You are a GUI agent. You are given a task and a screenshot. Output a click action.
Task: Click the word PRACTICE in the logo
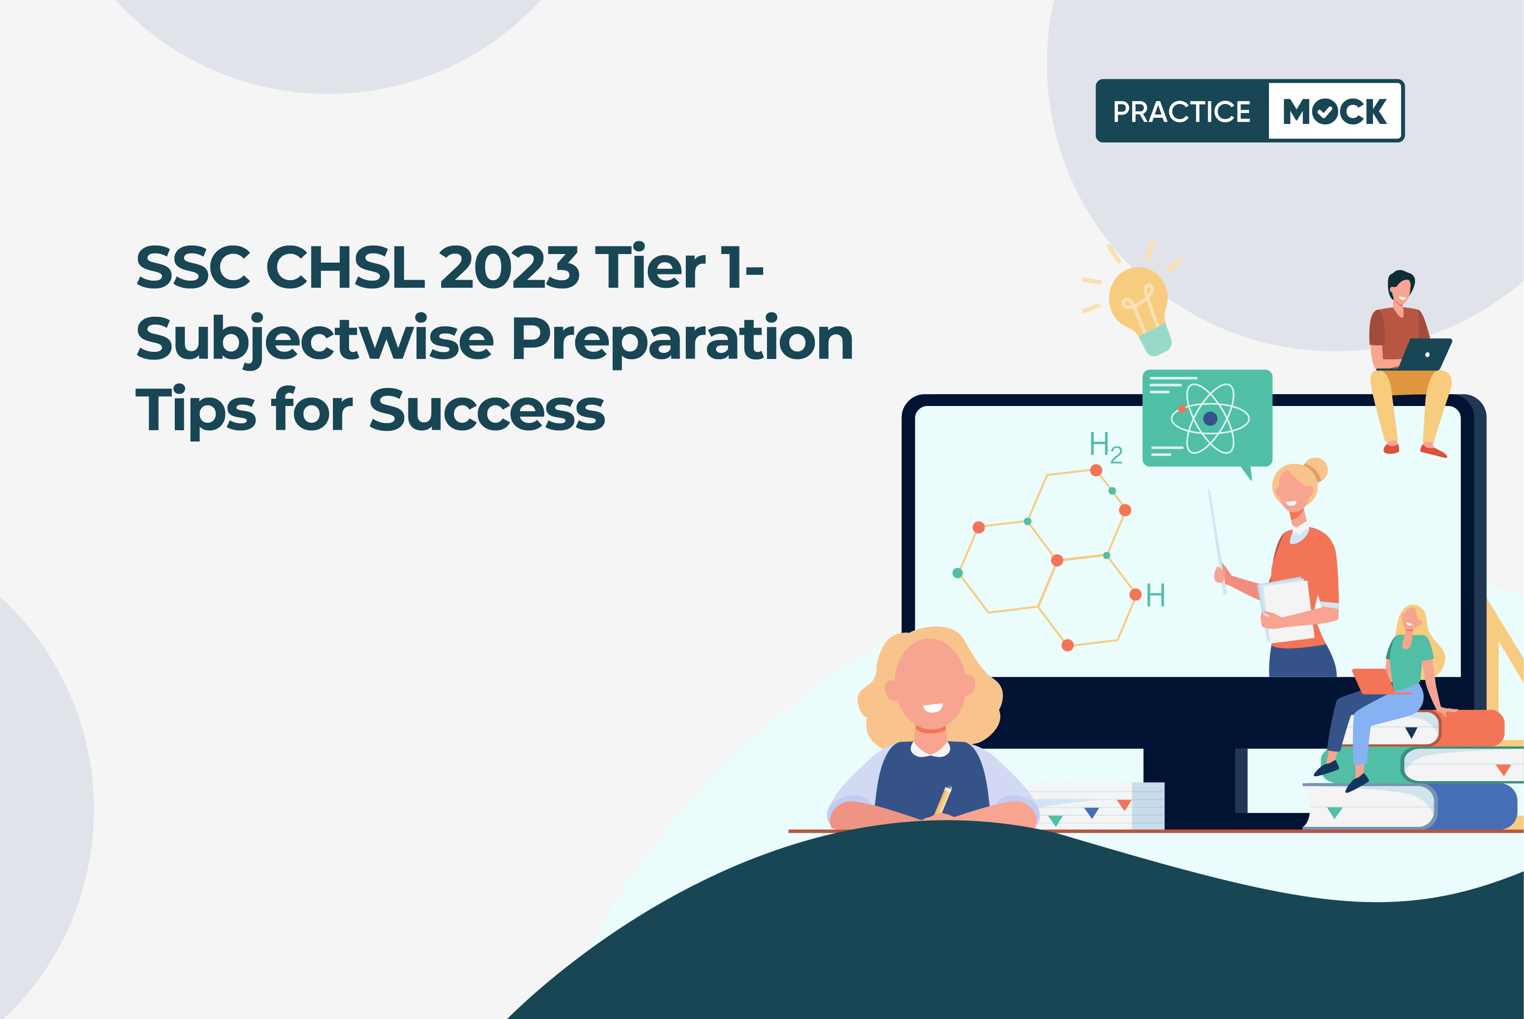(x=1182, y=112)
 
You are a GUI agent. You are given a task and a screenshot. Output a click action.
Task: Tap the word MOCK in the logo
(x=1335, y=111)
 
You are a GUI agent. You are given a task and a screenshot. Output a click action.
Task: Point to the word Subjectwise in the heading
(x=314, y=339)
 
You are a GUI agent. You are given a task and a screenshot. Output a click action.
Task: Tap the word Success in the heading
(x=487, y=410)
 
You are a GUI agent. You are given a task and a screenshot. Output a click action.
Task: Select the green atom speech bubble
(x=1207, y=419)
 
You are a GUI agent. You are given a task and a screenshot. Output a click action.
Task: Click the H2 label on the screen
(x=1106, y=447)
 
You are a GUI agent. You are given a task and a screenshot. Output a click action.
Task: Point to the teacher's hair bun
(x=1316, y=469)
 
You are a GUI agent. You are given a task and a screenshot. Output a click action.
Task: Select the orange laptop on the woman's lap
(x=1374, y=681)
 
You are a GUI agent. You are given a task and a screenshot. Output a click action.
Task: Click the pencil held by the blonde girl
(x=943, y=800)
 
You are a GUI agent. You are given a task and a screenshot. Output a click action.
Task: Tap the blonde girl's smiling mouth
(x=933, y=708)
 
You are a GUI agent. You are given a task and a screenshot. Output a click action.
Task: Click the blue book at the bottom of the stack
(x=1410, y=806)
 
